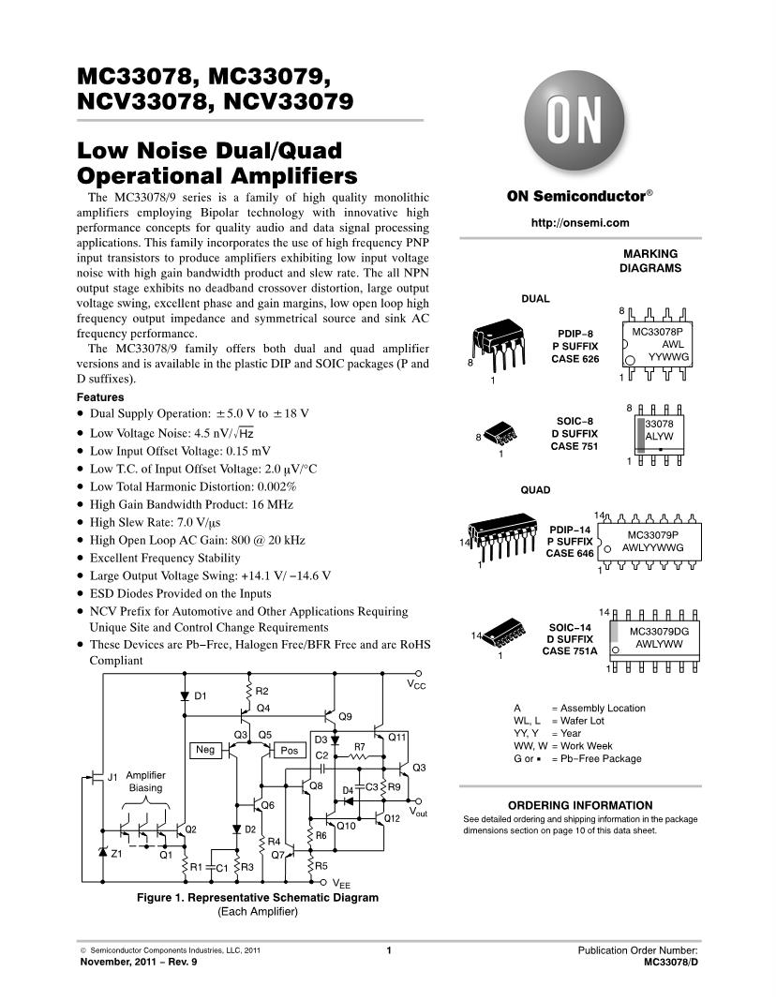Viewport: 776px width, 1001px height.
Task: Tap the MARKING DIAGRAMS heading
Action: tap(649, 261)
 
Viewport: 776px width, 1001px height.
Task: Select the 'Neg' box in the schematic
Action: tap(205, 750)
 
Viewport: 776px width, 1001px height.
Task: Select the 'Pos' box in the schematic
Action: tap(289, 751)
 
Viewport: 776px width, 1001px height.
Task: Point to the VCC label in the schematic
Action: tap(416, 685)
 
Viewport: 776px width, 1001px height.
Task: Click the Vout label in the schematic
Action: tap(418, 812)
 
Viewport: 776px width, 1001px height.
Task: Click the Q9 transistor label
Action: tap(344, 716)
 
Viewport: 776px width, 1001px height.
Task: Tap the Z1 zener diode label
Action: tap(117, 855)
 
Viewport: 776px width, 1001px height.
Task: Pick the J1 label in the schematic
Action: tap(112, 777)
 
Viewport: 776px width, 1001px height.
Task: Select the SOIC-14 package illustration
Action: tap(503, 640)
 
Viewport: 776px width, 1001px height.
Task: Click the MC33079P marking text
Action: tap(654, 534)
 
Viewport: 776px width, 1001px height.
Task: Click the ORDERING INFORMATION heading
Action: tap(580, 805)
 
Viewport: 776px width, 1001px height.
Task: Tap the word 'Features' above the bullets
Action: tap(100, 397)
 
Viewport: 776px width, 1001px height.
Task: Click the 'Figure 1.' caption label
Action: tap(161, 897)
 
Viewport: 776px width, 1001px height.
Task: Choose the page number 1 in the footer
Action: tap(388, 951)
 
